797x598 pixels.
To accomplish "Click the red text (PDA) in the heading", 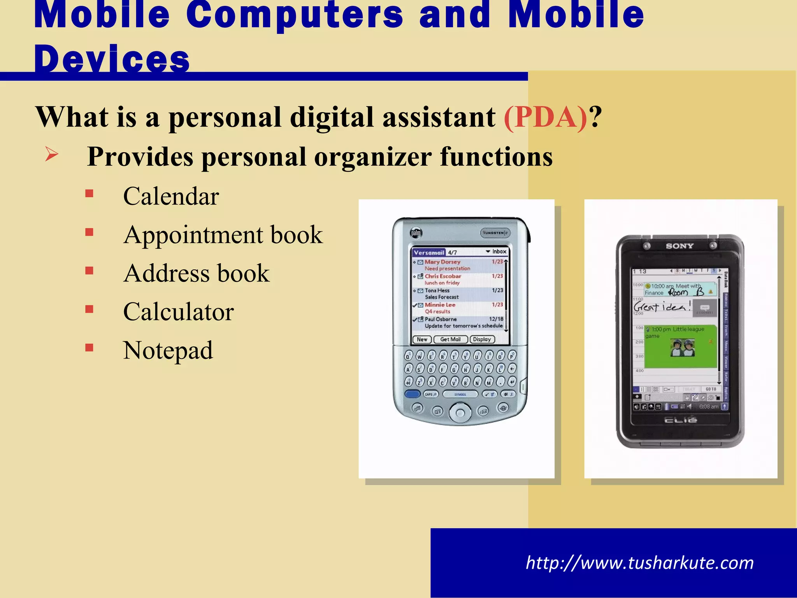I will [x=545, y=117].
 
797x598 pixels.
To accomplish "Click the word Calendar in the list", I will [x=171, y=196].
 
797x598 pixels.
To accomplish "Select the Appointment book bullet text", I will [x=223, y=235].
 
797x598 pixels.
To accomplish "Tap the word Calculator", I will [x=178, y=312].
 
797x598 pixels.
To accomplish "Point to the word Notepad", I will [x=168, y=350].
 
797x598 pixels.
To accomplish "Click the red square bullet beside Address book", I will [x=90, y=271].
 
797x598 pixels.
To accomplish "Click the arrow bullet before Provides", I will [x=51, y=154].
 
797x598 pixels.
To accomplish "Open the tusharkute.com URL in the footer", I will [x=639, y=563].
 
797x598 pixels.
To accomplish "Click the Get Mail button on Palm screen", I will [x=450, y=339].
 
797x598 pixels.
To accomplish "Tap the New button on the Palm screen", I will [x=422, y=339].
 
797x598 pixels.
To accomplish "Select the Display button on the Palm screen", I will [x=482, y=339].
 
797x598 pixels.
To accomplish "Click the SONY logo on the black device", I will [x=679, y=246].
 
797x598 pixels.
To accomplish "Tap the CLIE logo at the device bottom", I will [x=680, y=420].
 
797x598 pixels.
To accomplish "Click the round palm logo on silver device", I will [x=416, y=233].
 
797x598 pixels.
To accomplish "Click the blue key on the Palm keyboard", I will [x=412, y=394].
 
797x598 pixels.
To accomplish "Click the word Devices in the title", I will [x=112, y=60].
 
